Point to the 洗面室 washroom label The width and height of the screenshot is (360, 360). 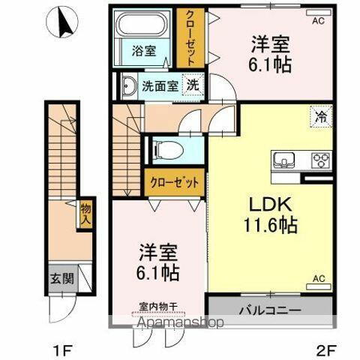[x=160, y=85]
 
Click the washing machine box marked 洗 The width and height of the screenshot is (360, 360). [x=193, y=85]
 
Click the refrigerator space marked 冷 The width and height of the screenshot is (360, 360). [x=321, y=117]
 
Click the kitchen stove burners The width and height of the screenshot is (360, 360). [x=321, y=160]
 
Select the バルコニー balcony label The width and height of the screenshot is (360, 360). [x=269, y=310]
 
